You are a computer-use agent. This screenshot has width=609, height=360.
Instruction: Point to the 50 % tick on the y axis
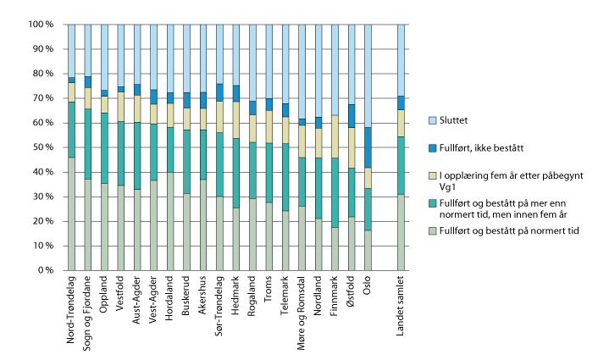point(42,148)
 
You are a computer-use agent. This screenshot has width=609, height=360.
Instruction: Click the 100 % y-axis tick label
point(39,25)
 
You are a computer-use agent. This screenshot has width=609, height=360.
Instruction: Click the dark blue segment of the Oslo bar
point(367,147)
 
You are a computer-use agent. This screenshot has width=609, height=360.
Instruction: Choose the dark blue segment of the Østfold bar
point(351,116)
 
